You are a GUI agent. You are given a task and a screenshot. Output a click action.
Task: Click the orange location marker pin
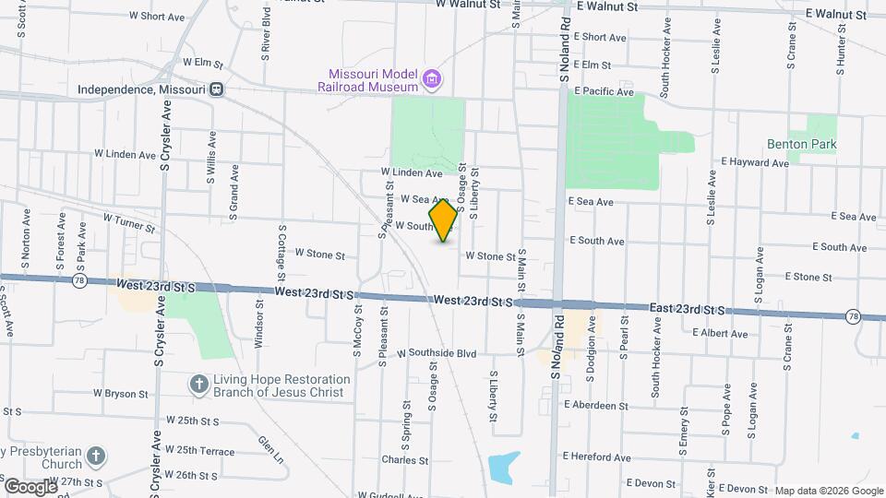(x=444, y=220)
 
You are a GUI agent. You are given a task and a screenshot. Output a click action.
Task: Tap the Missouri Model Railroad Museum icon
(x=430, y=80)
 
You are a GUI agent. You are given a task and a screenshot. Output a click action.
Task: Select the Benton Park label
(x=801, y=145)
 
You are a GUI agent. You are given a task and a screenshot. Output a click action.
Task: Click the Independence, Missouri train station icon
(x=216, y=89)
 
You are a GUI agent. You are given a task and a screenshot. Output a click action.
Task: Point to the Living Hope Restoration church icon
(x=198, y=384)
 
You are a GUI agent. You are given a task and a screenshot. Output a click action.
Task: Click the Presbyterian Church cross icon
(x=99, y=456)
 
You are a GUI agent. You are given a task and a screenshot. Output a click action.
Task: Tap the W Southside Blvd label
(x=437, y=353)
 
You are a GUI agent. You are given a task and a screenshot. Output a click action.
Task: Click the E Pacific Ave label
(x=604, y=92)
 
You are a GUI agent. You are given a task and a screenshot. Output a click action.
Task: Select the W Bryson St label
(x=120, y=394)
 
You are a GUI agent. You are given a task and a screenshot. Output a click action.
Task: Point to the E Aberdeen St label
(x=594, y=406)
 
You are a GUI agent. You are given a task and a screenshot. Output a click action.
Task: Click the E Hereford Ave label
(x=596, y=456)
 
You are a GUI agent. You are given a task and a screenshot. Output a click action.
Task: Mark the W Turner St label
(x=128, y=221)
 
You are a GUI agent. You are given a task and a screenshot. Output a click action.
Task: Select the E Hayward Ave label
(x=755, y=162)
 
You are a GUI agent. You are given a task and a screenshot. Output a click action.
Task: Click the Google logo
(x=30, y=486)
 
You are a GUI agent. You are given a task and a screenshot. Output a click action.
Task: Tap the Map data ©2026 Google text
(x=828, y=491)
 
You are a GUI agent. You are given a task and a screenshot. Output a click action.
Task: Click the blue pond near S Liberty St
(x=503, y=468)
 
